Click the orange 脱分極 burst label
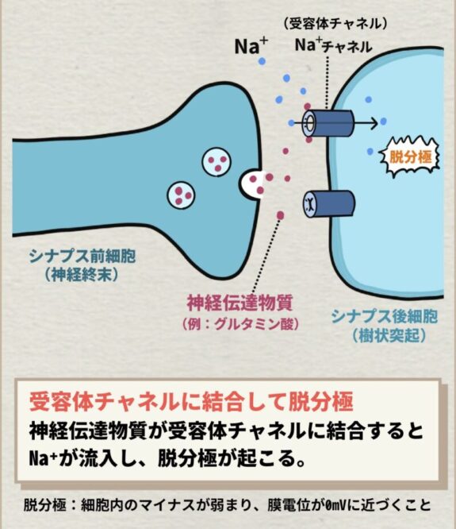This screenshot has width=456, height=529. pyautogui.click(x=410, y=157)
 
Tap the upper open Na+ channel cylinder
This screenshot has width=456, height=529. pyautogui.click(x=328, y=122)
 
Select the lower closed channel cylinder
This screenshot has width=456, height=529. pyautogui.click(x=328, y=204)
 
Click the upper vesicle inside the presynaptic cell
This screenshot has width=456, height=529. pyautogui.click(x=217, y=162)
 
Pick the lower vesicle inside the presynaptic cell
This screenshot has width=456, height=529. pyautogui.click(x=181, y=195)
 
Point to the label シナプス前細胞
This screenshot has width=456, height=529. pyautogui.click(x=82, y=257)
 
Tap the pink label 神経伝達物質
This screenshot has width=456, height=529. pyautogui.click(x=239, y=303)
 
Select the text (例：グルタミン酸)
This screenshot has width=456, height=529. pyautogui.click(x=240, y=325)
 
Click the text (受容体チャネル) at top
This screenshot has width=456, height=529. pyautogui.click(x=335, y=25)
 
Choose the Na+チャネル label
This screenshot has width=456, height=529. pyautogui.click(x=333, y=46)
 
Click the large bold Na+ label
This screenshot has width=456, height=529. pyautogui.click(x=251, y=45)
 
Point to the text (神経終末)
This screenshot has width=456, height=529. pyautogui.click(x=82, y=276)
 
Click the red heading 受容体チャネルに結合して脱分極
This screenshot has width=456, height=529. pyautogui.click(x=191, y=402)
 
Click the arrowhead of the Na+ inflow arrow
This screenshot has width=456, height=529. pyautogui.click(x=374, y=123)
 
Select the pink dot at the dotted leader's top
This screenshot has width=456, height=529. pyautogui.click(x=280, y=215)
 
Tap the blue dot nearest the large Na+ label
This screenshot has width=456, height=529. pyautogui.click(x=262, y=61)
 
